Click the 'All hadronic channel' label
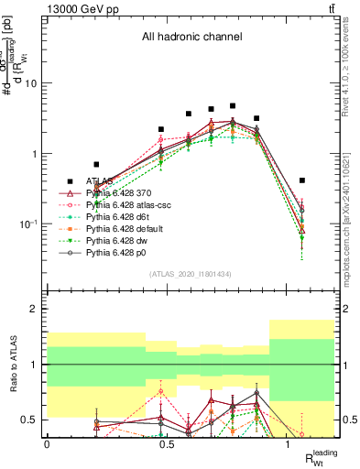(190, 38)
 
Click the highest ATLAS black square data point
(233, 106)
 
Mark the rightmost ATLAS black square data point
(302, 180)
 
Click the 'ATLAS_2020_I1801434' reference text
(191, 274)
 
